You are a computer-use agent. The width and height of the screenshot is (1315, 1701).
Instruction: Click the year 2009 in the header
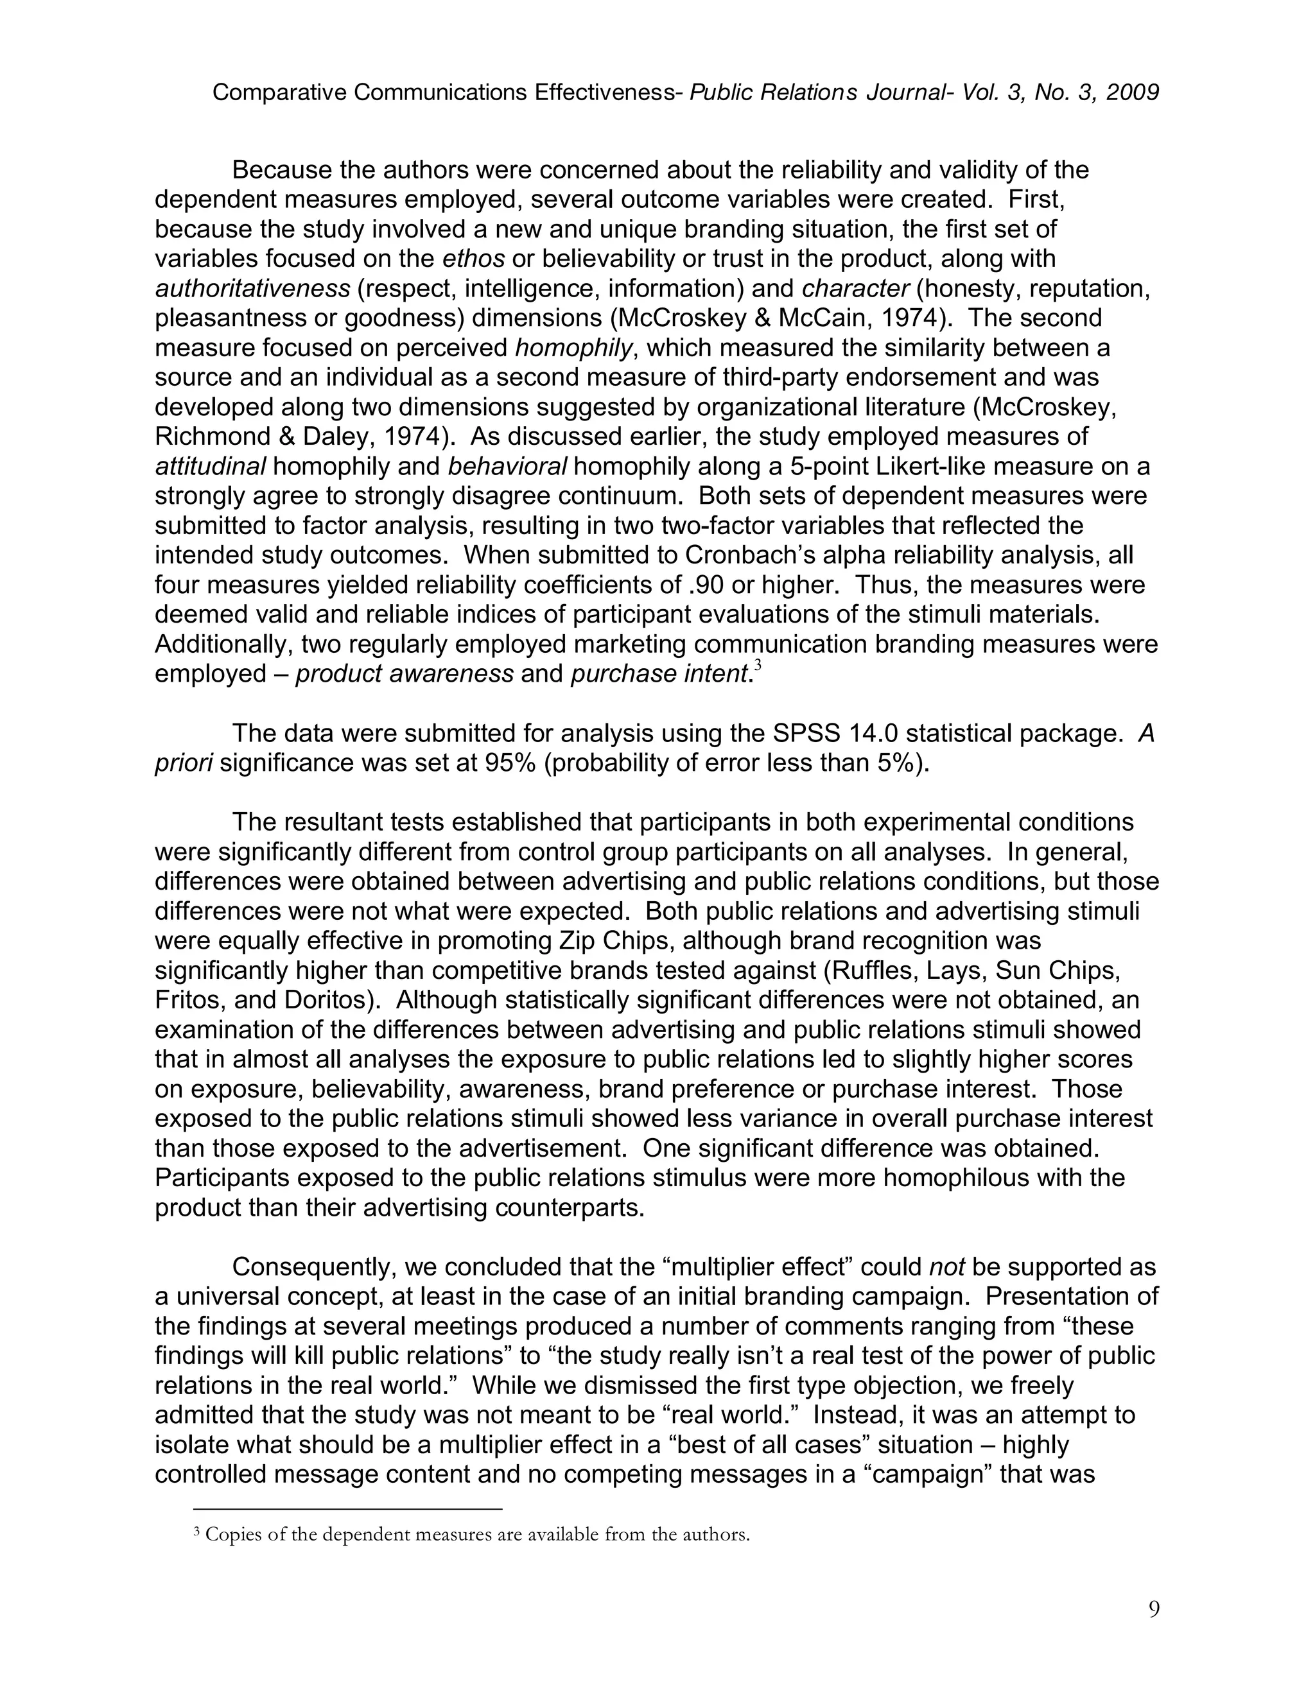[x=1132, y=92]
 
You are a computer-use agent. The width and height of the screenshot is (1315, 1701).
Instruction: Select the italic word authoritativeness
[x=252, y=288]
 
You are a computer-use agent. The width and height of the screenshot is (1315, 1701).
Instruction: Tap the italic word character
[x=855, y=288]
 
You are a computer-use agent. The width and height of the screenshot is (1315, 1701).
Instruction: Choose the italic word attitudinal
[x=211, y=466]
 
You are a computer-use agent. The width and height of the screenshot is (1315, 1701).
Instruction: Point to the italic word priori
[x=184, y=763]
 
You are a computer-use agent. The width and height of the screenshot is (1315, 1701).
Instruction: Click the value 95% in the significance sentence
[x=509, y=763]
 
